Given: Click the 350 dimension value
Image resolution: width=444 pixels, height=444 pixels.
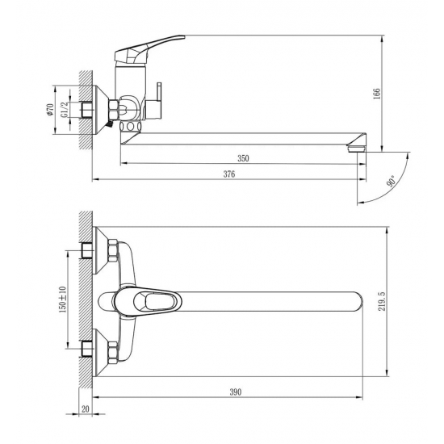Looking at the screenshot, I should [243, 158].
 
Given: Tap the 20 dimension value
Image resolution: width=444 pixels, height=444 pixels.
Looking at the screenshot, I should [86, 408].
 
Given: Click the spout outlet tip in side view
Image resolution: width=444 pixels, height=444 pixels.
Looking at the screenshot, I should [353, 150].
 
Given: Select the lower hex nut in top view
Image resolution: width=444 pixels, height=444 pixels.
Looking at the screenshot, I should [113, 354].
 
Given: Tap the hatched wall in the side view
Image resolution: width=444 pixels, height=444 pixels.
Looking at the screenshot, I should [85, 108].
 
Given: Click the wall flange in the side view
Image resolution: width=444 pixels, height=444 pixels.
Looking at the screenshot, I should [103, 108].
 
